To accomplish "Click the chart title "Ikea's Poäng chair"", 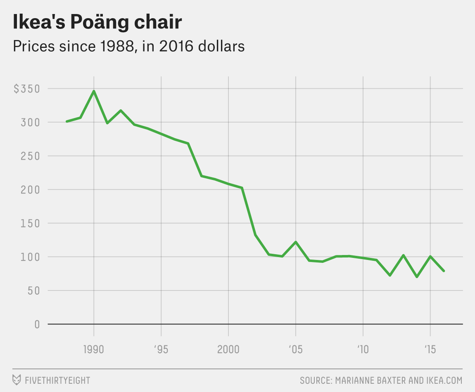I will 97,22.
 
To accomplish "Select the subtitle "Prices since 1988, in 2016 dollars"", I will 128,46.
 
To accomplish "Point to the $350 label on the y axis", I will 26,89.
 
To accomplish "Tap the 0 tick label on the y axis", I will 37,324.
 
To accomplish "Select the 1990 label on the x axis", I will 94,349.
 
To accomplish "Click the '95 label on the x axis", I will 161,349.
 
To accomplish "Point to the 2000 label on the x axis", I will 228,349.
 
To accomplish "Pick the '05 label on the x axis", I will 295,349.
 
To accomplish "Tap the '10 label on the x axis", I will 363,349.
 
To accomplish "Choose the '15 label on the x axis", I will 430,349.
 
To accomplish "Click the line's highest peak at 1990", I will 94,91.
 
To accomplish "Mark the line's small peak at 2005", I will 296,242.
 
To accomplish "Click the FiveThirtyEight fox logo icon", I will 17,380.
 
